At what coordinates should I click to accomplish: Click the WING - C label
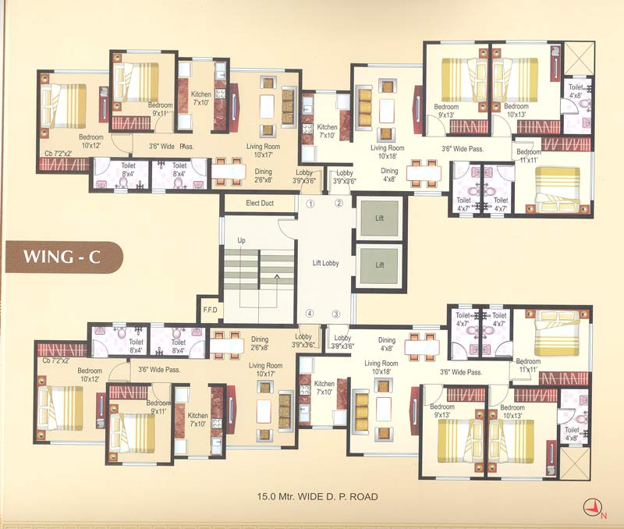click(x=63, y=257)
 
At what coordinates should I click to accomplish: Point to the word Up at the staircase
click(x=241, y=240)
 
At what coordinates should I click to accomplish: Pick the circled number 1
click(x=310, y=204)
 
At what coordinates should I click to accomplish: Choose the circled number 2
click(x=339, y=204)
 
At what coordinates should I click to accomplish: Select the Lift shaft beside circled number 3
click(x=380, y=265)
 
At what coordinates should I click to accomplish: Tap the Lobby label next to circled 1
click(x=303, y=176)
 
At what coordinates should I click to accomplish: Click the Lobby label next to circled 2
click(x=344, y=176)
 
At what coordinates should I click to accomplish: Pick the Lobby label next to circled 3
click(x=344, y=341)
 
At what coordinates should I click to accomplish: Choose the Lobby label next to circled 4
click(x=303, y=341)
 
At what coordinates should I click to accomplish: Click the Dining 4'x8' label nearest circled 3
click(x=387, y=344)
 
